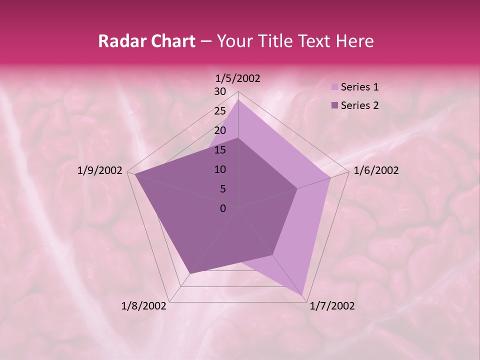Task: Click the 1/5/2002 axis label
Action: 238,78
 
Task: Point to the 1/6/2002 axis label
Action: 376,170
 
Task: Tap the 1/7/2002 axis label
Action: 332,306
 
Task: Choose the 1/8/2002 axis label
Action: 144,306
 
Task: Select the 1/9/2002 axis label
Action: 100,170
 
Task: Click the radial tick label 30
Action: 220,91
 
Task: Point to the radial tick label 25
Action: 220,111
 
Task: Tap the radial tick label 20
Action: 220,130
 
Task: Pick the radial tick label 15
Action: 220,150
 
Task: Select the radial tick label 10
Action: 220,169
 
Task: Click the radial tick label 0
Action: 223,208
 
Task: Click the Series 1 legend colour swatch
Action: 334,87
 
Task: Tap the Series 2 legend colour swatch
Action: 334,105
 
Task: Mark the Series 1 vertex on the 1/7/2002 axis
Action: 303,295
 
